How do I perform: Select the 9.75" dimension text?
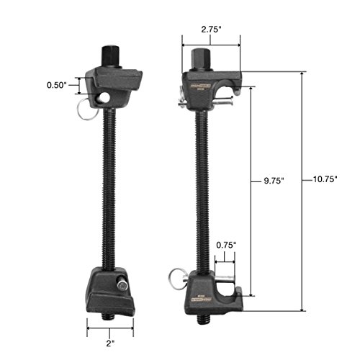point(274,181)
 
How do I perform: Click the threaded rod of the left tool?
point(112,187)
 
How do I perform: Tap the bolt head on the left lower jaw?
point(123,287)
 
